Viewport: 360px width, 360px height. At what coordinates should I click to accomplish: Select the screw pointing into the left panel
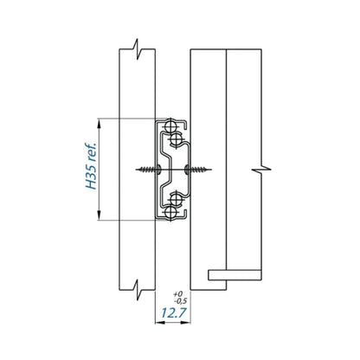pos(146,170)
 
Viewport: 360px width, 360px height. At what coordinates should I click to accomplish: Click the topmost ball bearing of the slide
pos(169,126)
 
